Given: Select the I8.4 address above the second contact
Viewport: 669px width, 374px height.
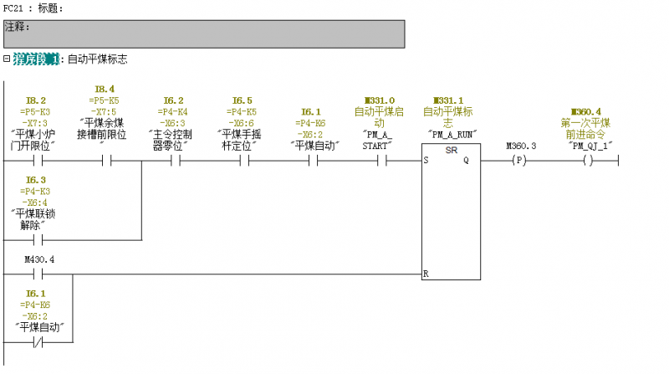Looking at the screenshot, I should [105, 89].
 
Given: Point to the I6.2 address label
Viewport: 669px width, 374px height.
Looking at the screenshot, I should [173, 100].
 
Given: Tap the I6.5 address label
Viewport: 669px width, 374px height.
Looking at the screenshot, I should [242, 100].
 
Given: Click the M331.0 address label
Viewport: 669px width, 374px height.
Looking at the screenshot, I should [380, 100].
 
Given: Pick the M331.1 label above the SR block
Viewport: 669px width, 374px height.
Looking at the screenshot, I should [449, 100].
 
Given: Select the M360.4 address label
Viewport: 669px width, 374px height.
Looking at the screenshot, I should [585, 111].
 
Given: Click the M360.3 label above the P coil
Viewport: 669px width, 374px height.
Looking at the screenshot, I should [522, 146].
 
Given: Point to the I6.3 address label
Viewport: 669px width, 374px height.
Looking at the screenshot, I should [35, 180].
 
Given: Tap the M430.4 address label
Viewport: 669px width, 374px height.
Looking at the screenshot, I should [40, 259].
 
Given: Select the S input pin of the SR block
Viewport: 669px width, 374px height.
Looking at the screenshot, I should [426, 160].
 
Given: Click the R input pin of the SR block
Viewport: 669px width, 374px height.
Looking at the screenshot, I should [426, 274].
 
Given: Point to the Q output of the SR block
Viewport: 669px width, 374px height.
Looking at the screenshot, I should [466, 160].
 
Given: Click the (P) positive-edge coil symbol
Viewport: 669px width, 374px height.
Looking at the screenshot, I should [522, 160].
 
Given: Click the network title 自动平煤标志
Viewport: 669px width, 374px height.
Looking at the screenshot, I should [97, 59].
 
